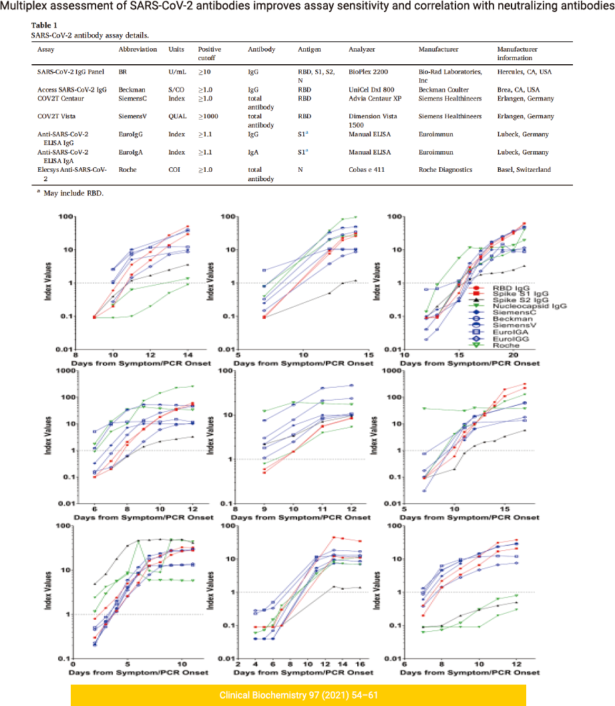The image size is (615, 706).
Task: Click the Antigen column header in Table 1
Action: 309,49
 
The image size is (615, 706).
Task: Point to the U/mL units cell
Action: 178,70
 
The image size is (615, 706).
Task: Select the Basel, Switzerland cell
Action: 524,170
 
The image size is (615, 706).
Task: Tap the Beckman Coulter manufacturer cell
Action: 443,90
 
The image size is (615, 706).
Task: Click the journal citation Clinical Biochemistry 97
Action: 298,695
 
